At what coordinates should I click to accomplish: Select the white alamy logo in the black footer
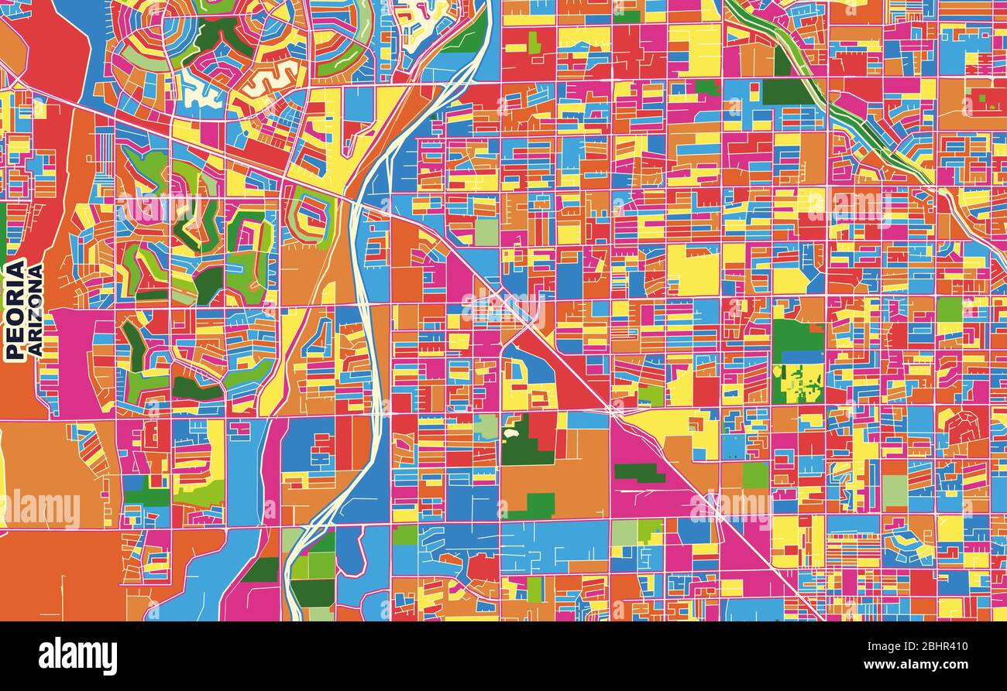(77, 656)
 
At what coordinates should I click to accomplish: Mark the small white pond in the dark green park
(510, 434)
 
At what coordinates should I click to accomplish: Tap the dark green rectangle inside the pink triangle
(639, 473)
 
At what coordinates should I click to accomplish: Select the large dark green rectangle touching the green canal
(787, 91)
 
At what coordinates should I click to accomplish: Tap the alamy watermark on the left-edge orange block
(43, 508)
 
